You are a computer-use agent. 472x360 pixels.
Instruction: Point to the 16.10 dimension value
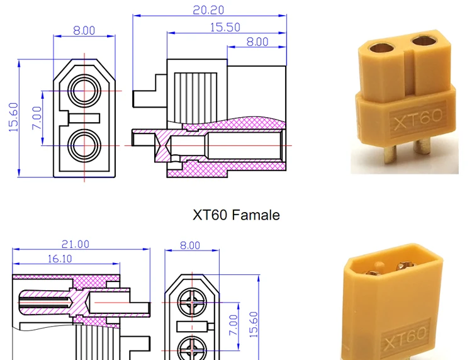59,258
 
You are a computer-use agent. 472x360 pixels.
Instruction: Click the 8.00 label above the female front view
84,30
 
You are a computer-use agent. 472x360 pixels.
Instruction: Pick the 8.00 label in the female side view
257,42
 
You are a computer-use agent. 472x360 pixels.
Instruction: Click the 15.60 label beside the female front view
13,117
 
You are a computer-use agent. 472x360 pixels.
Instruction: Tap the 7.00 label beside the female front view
36,118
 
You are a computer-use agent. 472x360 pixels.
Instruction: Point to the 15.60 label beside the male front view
254,323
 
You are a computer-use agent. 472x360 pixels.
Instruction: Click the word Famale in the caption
256,215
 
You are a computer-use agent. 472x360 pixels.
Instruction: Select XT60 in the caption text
210,215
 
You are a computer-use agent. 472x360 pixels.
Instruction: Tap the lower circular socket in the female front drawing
84,146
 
